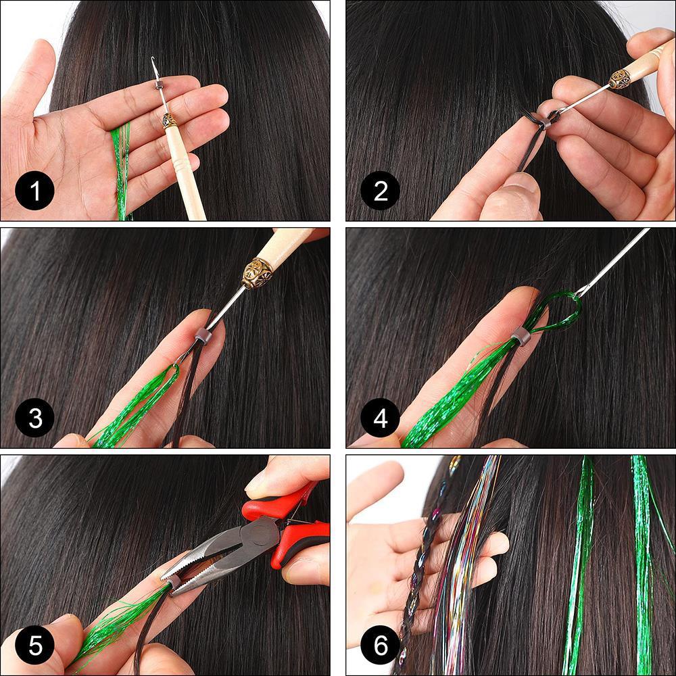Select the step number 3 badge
click(x=34, y=419)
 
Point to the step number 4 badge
click(x=380, y=419)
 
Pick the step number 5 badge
click(x=34, y=646)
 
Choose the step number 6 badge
click(x=380, y=646)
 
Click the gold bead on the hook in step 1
click(x=169, y=120)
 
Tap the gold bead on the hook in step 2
click(x=619, y=79)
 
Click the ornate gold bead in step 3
click(x=257, y=272)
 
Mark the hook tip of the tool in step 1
click(x=155, y=62)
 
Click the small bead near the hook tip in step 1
click(x=158, y=86)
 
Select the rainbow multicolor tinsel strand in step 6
click(x=466, y=554)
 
